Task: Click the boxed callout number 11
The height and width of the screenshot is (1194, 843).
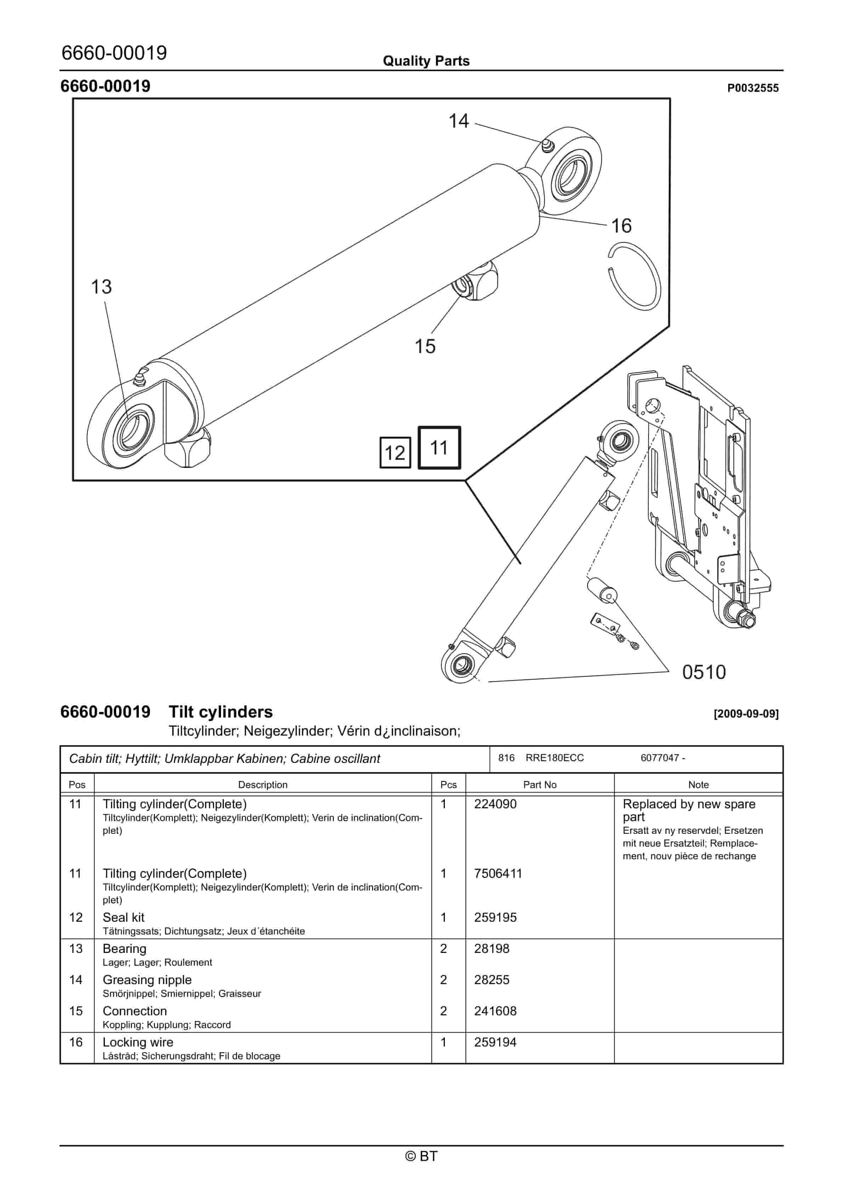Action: coord(439,448)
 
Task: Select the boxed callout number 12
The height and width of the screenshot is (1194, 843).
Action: coord(395,453)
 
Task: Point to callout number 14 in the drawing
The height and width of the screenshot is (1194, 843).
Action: coord(458,121)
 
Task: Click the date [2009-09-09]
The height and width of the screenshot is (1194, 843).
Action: coord(746,714)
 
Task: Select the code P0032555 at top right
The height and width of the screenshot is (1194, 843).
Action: coord(753,88)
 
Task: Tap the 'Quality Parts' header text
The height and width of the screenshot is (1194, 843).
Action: coord(426,61)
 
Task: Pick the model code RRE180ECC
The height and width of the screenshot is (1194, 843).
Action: coord(555,758)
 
